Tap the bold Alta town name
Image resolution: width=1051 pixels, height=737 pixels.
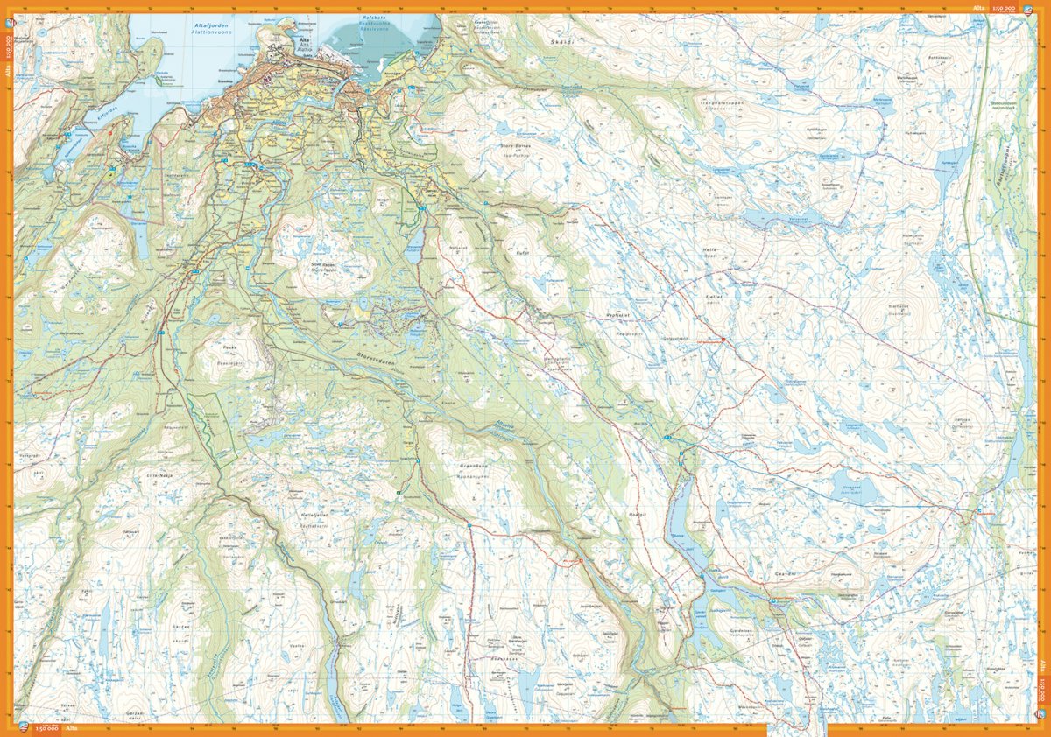pyautogui.click(x=304, y=40)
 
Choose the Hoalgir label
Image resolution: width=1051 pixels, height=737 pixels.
pyautogui.click(x=636, y=514)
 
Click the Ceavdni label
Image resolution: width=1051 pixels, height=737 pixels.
pyautogui.click(x=782, y=573)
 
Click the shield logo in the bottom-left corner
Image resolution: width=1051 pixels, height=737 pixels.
pyautogui.click(x=24, y=727)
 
